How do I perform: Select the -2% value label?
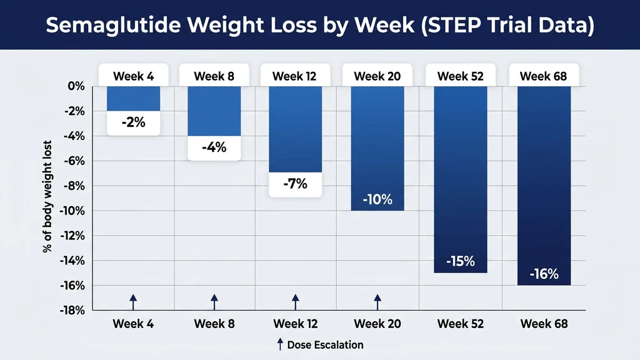tap(133, 122)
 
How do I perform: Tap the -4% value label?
tap(214, 148)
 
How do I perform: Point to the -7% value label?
tap(295, 184)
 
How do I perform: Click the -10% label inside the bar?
tap(377, 200)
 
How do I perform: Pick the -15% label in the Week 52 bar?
tap(460, 261)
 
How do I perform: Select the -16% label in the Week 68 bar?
tap(543, 274)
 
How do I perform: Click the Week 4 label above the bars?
tap(133, 76)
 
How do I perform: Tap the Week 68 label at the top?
tap(543, 76)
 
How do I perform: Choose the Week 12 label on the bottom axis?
tap(295, 324)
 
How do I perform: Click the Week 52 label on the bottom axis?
tap(460, 324)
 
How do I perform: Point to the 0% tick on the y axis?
tap(75, 86)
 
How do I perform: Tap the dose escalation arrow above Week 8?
tap(214, 301)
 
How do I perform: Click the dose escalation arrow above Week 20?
tap(377, 301)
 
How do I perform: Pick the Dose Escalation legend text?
tap(325, 344)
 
